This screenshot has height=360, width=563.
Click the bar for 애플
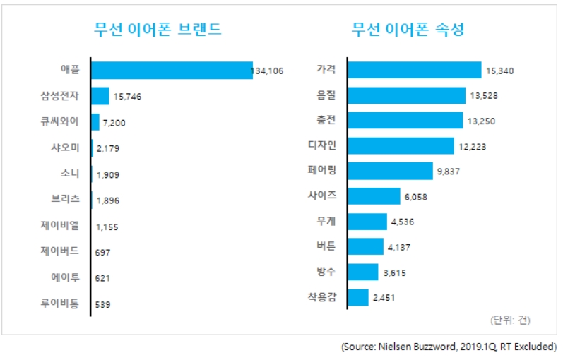tap(172, 70)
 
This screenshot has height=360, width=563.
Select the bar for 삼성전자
tap(100, 96)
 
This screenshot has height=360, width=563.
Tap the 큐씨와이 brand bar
tap(95, 122)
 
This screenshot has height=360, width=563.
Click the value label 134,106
tap(268, 71)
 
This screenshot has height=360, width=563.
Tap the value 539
tap(103, 305)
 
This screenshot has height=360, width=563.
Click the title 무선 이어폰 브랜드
tap(158, 30)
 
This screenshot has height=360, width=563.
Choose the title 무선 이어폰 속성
tap(408, 30)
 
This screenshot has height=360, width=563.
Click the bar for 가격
tap(415, 70)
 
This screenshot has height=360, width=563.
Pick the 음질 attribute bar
tap(407, 95)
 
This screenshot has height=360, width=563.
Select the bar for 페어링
tap(390, 171)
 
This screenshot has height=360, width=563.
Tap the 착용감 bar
tap(358, 297)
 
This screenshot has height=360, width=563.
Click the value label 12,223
tap(473, 147)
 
